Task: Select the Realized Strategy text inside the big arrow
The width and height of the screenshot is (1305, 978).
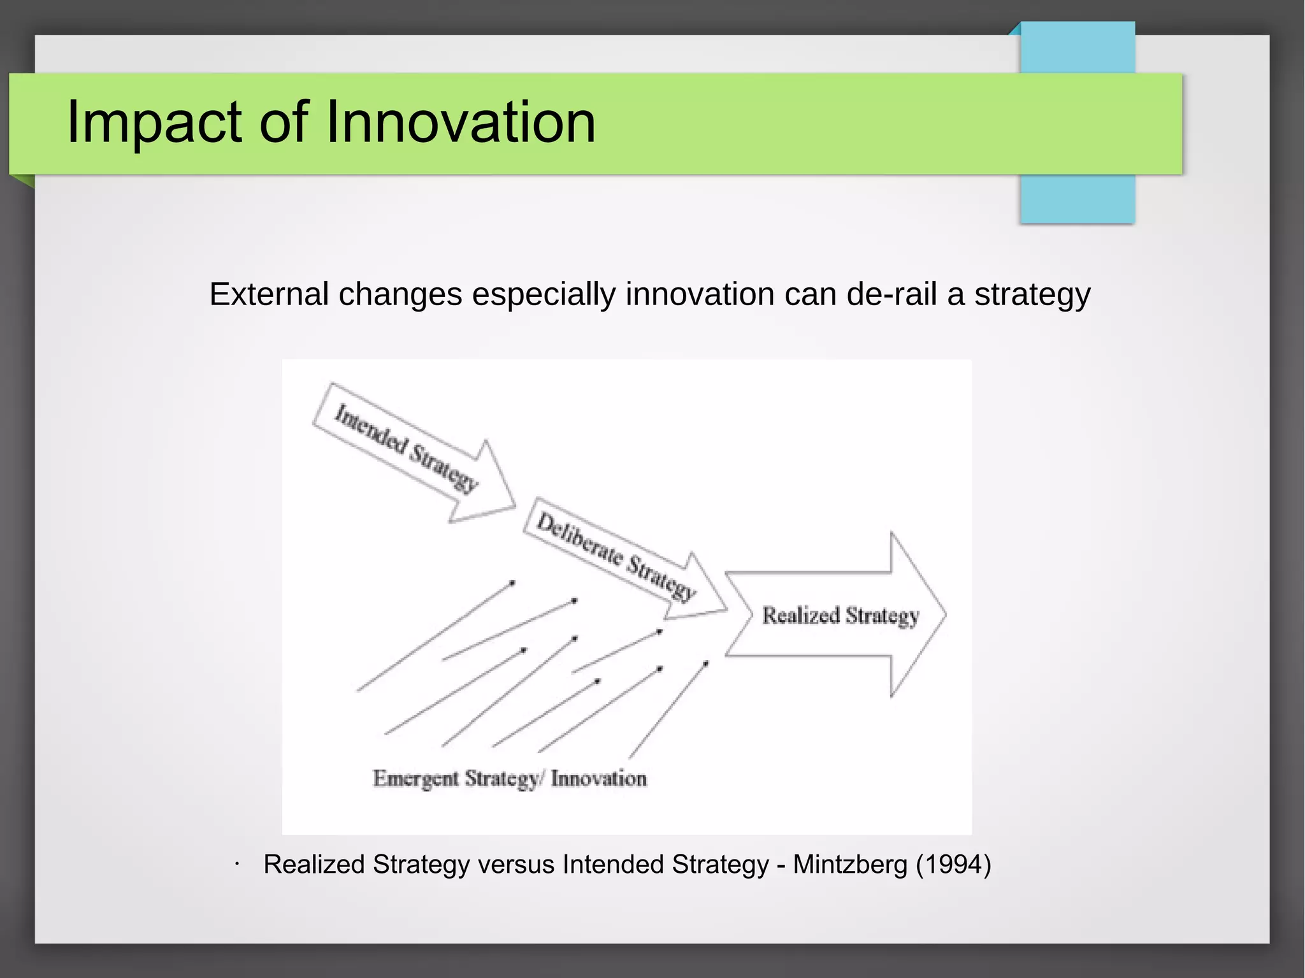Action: (x=840, y=615)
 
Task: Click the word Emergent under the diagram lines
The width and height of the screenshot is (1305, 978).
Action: (x=415, y=779)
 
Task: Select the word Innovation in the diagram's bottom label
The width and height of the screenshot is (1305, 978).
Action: (x=599, y=779)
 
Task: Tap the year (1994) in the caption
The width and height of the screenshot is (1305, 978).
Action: (x=953, y=865)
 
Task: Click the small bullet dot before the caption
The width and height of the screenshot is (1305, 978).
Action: (x=236, y=865)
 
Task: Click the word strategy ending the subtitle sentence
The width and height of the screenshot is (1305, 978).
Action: (x=1032, y=294)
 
